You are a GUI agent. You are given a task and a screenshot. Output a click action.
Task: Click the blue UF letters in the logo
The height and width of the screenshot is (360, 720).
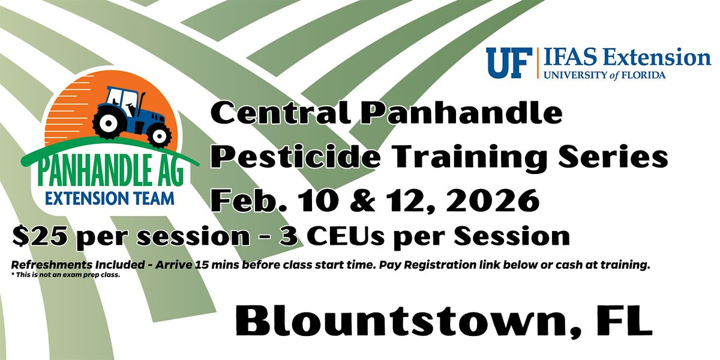coord(508,62)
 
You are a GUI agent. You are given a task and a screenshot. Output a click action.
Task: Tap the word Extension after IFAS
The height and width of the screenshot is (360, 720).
coord(659,58)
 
